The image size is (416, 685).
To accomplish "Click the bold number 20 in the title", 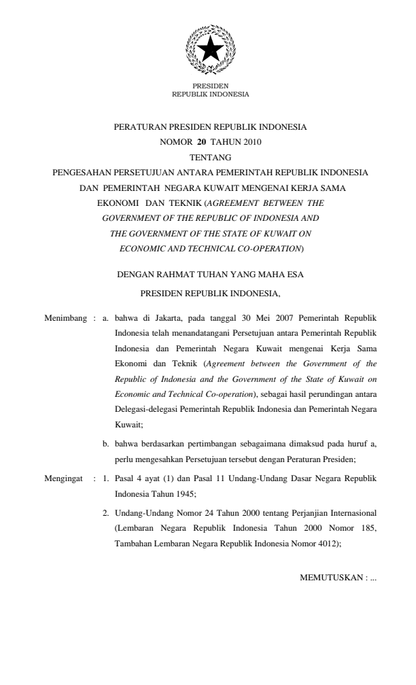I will point(201,141).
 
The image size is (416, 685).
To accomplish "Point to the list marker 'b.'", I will point(106,444).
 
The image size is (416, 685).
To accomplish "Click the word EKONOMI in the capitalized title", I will point(118,203).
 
